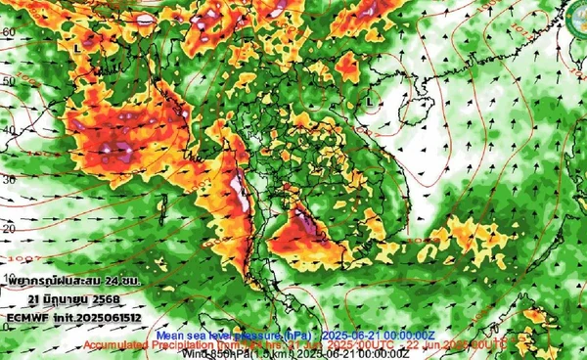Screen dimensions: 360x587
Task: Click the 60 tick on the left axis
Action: (x=9, y=32)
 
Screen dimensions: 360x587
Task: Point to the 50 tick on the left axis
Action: (x=9, y=81)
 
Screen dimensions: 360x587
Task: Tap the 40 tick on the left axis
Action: (x=9, y=130)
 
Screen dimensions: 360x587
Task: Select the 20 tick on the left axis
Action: (x=9, y=228)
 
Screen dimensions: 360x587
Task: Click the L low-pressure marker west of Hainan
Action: (x=369, y=100)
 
